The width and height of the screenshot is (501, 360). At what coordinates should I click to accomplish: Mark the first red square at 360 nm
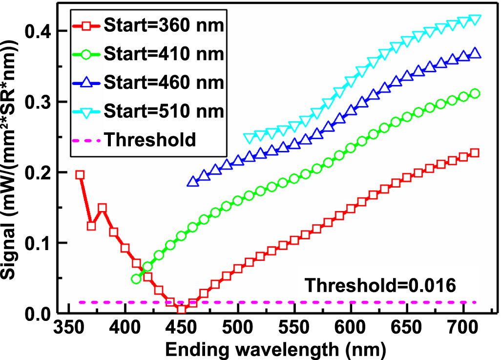[80, 175]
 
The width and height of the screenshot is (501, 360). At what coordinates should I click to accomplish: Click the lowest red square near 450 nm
[182, 309]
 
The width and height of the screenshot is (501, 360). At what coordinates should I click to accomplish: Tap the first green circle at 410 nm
[136, 279]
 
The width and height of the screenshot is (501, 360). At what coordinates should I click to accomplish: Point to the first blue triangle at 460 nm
[192, 182]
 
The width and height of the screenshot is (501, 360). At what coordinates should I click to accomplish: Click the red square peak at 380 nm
[103, 208]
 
